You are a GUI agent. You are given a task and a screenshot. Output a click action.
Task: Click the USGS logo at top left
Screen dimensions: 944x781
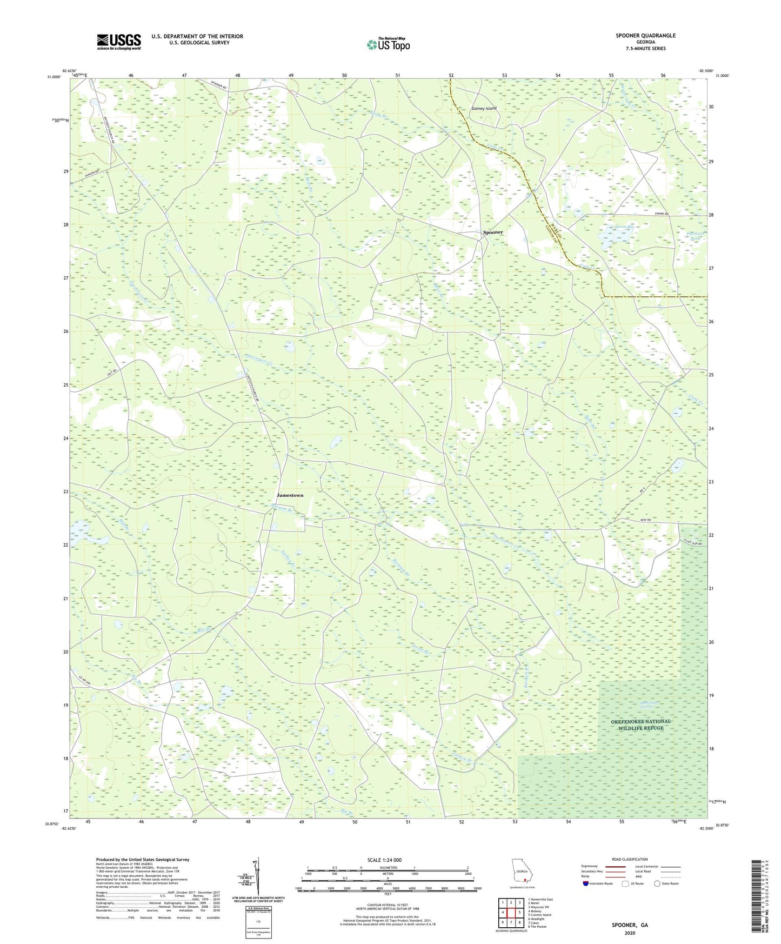(x=118, y=42)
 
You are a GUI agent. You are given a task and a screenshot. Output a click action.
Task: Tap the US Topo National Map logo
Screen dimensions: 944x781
(x=388, y=44)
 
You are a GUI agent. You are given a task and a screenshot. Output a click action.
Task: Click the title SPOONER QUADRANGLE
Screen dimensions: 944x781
(x=645, y=36)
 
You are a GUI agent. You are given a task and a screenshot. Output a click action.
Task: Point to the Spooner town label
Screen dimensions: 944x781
(x=492, y=232)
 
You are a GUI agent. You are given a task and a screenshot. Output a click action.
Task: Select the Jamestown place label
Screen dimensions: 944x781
(x=290, y=495)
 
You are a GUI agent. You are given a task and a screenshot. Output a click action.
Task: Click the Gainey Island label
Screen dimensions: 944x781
(x=484, y=109)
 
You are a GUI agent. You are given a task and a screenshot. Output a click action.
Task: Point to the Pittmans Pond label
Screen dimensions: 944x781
(x=694, y=236)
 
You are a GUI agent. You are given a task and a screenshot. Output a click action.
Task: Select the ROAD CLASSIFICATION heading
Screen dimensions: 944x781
(x=630, y=859)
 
